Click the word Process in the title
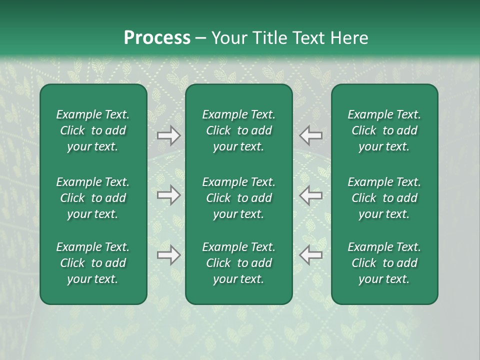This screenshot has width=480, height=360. click(x=157, y=38)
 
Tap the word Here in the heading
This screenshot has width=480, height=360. click(x=349, y=38)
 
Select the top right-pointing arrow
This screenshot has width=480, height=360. click(x=168, y=135)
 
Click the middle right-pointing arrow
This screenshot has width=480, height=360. click(x=168, y=195)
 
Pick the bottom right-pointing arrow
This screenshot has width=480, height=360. click(x=168, y=255)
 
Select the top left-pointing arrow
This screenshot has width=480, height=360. click(x=311, y=135)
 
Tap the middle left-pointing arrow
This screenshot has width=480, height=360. click(x=311, y=195)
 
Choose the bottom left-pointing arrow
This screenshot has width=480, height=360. click(x=311, y=255)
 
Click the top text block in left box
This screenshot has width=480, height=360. click(x=93, y=130)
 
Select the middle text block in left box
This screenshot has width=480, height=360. click(x=93, y=198)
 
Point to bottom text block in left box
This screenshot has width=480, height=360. click(x=93, y=263)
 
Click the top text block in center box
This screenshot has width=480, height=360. click(x=238, y=130)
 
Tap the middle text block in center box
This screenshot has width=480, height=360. click(x=238, y=198)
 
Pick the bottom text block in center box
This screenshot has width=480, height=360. click(x=238, y=263)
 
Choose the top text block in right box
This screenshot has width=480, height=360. click(x=384, y=130)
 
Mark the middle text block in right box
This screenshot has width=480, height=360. click(x=384, y=198)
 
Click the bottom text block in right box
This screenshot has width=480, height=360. click(x=384, y=263)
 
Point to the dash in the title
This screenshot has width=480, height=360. click(x=200, y=38)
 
